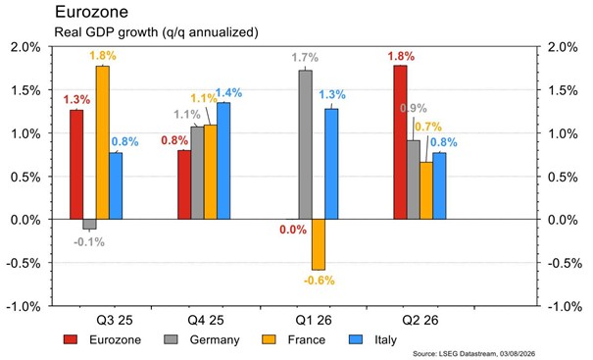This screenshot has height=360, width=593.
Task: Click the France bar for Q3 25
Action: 103,142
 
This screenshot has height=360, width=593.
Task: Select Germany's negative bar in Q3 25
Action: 89,224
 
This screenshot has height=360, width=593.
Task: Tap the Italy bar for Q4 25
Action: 223,161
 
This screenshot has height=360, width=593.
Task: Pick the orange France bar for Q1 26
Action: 319,244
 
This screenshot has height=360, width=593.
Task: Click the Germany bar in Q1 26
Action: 306,144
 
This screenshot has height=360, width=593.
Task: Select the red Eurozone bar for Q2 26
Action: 401,142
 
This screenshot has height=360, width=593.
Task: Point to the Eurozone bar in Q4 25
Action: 184,184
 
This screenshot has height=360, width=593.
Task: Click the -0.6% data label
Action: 320,281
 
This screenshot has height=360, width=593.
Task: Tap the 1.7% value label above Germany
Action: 305,58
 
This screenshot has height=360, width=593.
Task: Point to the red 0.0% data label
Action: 293,230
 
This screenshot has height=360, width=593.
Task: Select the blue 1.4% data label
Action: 228,93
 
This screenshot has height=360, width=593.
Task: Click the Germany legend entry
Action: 202,339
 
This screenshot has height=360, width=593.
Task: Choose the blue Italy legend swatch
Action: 356,339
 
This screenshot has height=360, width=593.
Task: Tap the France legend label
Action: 307,339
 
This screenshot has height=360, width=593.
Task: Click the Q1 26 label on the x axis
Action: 314,320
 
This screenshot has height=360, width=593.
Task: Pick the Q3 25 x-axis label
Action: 115,320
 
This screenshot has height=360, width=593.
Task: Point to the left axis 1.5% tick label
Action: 25,90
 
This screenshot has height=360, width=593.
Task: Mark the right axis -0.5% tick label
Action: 565,263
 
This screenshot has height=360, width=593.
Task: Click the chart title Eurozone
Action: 91,12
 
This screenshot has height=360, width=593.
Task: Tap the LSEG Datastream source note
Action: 473,353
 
